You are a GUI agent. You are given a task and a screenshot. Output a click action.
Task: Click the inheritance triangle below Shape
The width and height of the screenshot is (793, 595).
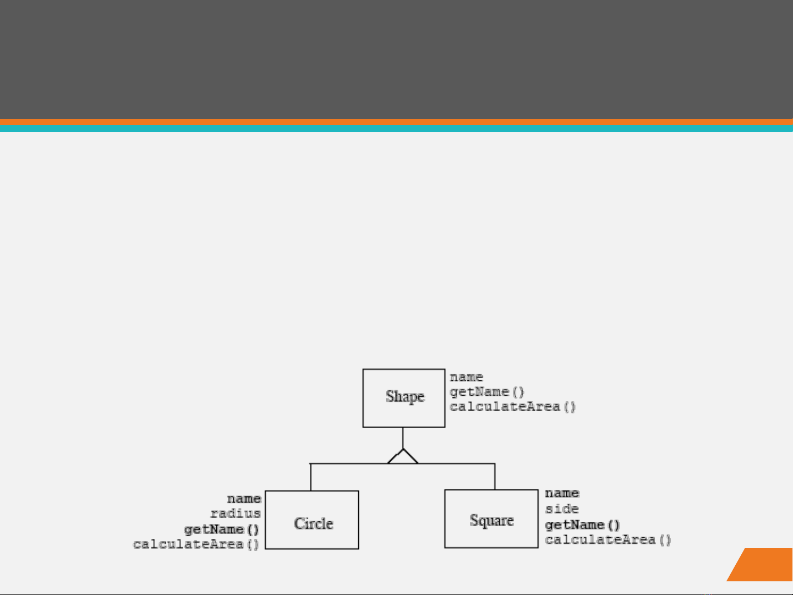(x=403, y=457)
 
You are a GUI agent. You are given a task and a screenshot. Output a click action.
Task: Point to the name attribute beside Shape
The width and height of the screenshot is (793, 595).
(x=466, y=377)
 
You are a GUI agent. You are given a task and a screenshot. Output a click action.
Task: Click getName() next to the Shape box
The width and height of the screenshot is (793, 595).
(x=487, y=392)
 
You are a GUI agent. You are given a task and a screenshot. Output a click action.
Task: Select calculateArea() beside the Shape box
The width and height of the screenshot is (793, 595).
(x=512, y=407)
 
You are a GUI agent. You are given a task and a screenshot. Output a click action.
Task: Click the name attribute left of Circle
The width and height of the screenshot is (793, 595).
(x=244, y=499)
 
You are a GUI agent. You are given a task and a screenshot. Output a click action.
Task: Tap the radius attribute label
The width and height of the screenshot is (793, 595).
(x=236, y=514)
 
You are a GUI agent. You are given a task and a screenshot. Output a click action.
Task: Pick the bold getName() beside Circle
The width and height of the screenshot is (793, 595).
(x=221, y=530)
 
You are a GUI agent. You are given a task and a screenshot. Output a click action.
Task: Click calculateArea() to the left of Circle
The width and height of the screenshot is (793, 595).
(x=196, y=544)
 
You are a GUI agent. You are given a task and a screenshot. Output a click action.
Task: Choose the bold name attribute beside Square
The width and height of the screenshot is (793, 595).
(x=562, y=493)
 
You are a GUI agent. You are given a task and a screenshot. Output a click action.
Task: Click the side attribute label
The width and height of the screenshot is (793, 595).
(x=562, y=509)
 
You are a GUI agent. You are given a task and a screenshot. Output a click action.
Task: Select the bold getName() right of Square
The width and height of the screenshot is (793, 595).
(x=582, y=525)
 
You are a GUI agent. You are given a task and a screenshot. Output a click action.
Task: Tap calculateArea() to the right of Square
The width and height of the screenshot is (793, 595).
(x=608, y=540)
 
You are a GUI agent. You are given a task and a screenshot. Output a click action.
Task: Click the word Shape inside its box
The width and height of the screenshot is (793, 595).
(x=404, y=396)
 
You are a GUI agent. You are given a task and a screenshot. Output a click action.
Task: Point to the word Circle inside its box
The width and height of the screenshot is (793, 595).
(x=313, y=523)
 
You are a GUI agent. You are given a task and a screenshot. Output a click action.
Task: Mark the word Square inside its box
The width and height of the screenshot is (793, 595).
(x=491, y=520)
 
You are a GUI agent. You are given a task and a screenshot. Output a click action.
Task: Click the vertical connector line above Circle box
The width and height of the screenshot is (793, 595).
(x=311, y=477)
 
